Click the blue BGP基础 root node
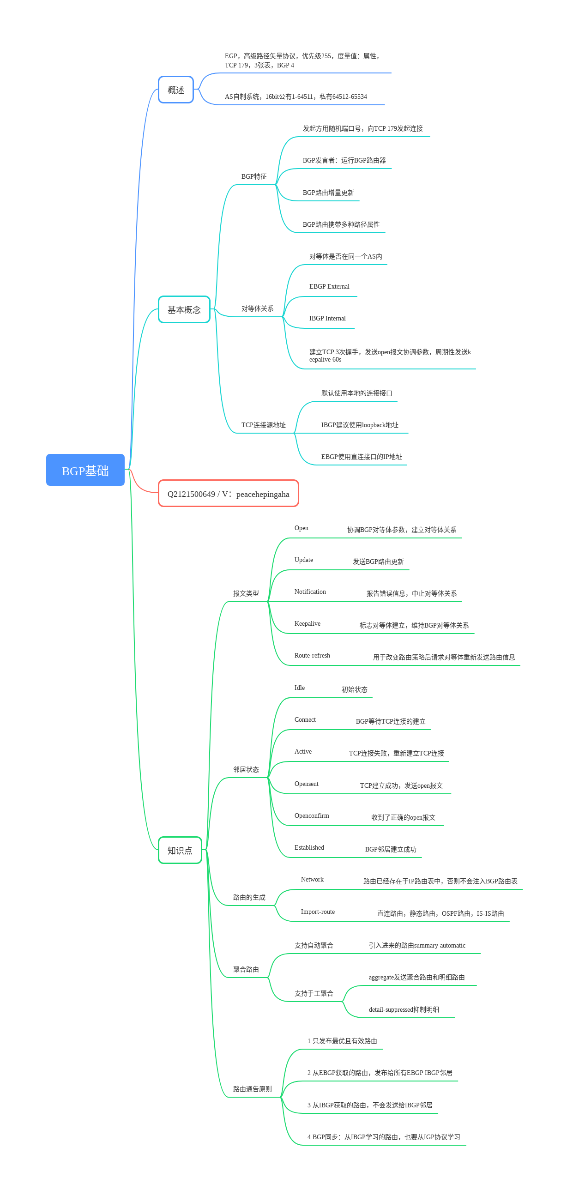[85, 470]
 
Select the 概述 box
[175, 90]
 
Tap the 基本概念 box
[184, 309]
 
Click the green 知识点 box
[180, 850]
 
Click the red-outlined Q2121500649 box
[228, 494]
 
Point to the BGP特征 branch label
[253, 176]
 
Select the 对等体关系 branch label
[257, 309]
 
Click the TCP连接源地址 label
[263, 425]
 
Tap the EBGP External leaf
[329, 286]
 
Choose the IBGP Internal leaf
[327, 319]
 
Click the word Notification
[310, 592]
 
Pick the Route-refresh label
[312, 656]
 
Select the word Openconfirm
[311, 816]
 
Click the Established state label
[309, 847]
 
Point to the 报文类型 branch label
[246, 593]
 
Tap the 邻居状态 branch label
[246, 769]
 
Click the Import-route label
[317, 912]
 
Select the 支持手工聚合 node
[314, 994]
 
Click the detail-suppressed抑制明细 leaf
[403, 1009]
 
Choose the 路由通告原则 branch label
[252, 1089]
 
